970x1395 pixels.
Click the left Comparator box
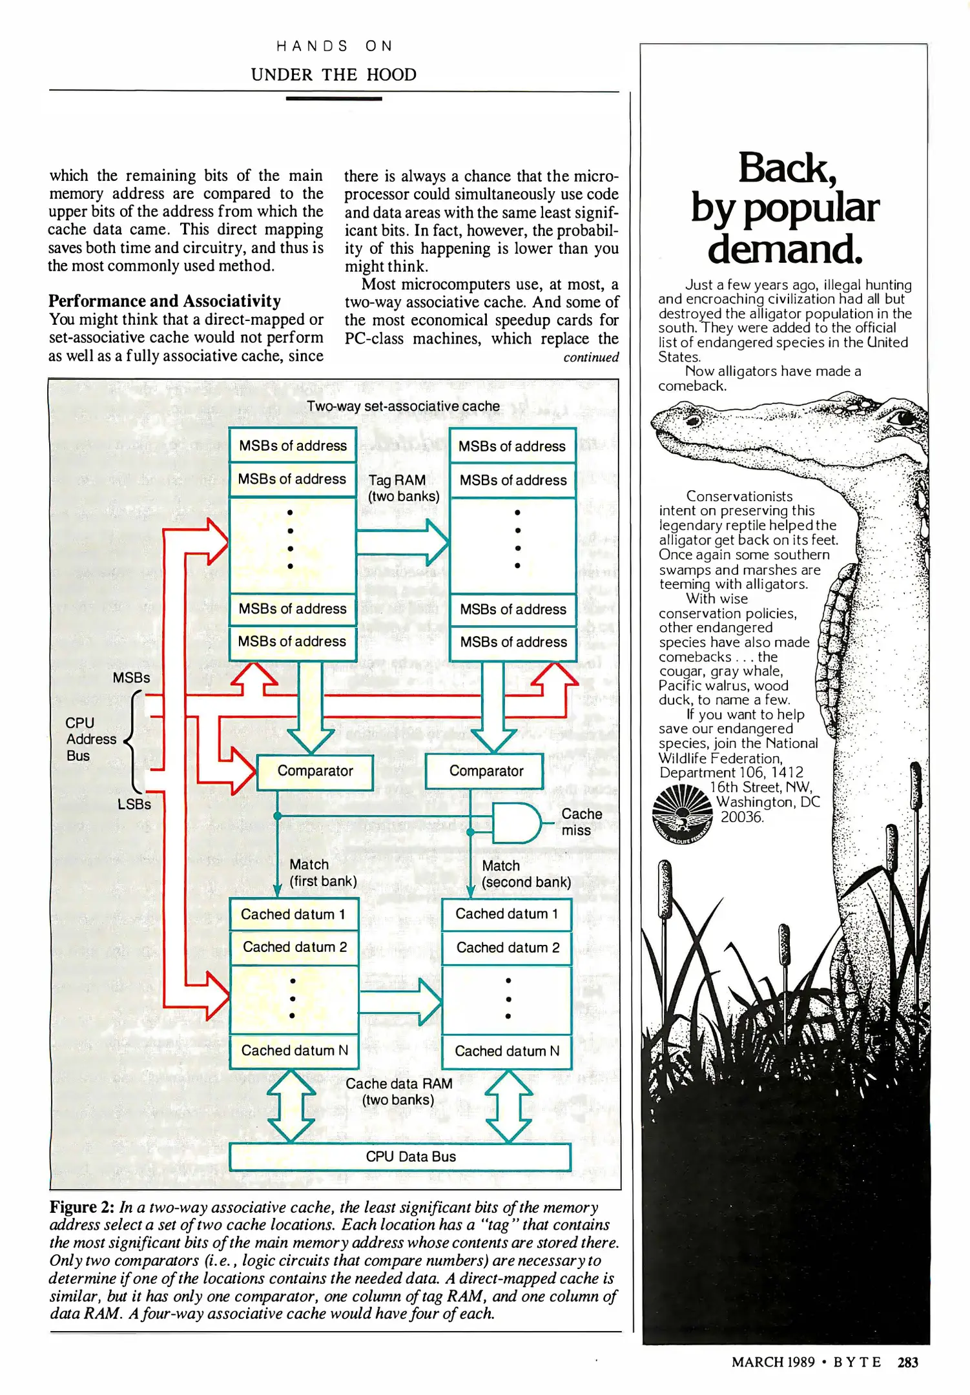point(315,772)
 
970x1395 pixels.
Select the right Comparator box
point(484,772)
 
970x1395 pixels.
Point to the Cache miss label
point(581,822)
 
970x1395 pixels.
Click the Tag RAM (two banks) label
point(403,488)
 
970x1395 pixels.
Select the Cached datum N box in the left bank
point(294,1051)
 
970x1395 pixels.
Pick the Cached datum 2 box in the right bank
point(507,947)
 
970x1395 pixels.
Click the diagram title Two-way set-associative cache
point(403,406)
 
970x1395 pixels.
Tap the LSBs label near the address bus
point(134,804)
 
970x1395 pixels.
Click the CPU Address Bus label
point(90,739)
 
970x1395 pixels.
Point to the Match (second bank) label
point(526,874)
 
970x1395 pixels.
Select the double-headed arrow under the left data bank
point(291,1105)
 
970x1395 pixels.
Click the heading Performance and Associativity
point(165,301)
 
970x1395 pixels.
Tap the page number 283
point(907,1362)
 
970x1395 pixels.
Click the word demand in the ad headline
point(785,249)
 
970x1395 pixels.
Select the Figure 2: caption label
point(82,1207)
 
